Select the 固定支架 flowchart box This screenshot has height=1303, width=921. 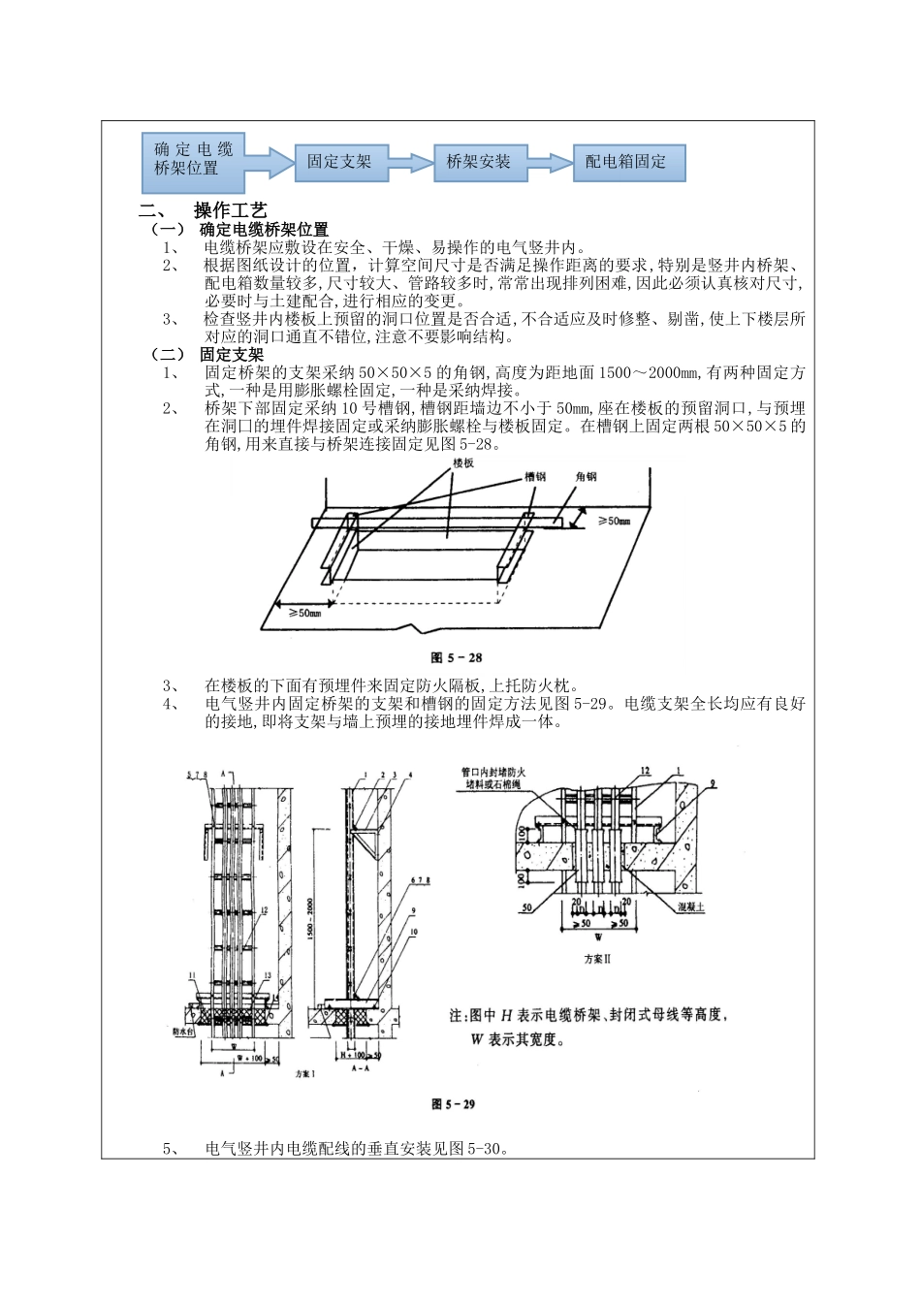(x=339, y=161)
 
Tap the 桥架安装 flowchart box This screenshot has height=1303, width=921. (x=478, y=162)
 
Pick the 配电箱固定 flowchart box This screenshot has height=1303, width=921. (x=626, y=162)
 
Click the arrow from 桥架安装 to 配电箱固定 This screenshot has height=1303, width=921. (x=550, y=163)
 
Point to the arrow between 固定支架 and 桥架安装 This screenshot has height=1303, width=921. (x=410, y=163)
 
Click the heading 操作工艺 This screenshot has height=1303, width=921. (x=231, y=211)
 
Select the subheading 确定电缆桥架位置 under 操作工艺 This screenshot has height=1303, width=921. (x=264, y=230)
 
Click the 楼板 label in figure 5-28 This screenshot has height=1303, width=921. (x=463, y=464)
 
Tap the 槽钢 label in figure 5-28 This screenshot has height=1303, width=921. (x=535, y=477)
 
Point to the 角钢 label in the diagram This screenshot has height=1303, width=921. (x=586, y=477)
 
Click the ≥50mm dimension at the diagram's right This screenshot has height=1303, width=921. (x=613, y=521)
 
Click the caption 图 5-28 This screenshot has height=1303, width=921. (x=457, y=657)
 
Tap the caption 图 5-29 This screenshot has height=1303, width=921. (x=453, y=1103)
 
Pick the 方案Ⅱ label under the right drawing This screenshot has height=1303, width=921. (x=597, y=958)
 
